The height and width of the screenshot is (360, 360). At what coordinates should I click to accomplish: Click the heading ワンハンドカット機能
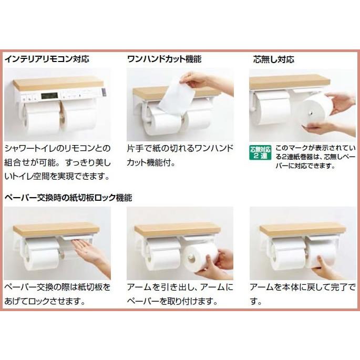click(x=164, y=59)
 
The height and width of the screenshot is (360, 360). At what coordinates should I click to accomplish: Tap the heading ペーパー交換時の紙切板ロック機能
click(x=68, y=198)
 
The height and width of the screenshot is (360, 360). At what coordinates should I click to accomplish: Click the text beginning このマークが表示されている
click(x=315, y=157)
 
